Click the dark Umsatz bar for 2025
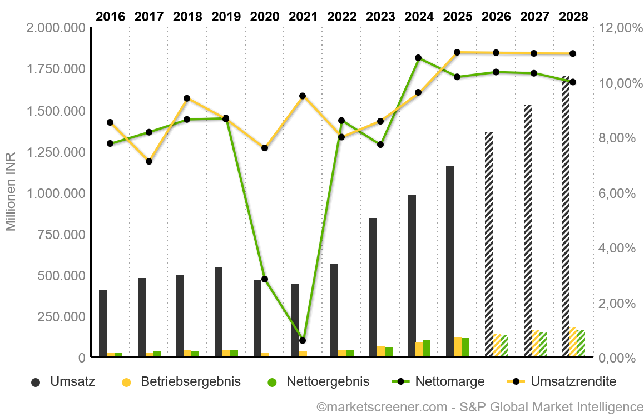pyautogui.click(x=450, y=261)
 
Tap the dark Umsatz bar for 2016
pyautogui.click(x=103, y=323)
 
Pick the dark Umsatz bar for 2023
pyautogui.click(x=373, y=287)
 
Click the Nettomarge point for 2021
pyautogui.click(x=303, y=340)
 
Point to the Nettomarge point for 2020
pyautogui.click(x=265, y=279)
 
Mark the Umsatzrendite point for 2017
pyautogui.click(x=149, y=161)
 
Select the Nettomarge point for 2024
pyautogui.click(x=418, y=58)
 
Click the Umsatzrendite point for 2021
pyautogui.click(x=303, y=96)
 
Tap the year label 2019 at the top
pyautogui.click(x=226, y=17)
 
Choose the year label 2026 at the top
pyautogui.click(x=496, y=17)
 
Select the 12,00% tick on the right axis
pyautogui.click(x=616, y=28)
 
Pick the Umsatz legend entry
pyautogui.click(x=64, y=382)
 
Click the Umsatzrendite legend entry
pyautogui.click(x=562, y=382)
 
